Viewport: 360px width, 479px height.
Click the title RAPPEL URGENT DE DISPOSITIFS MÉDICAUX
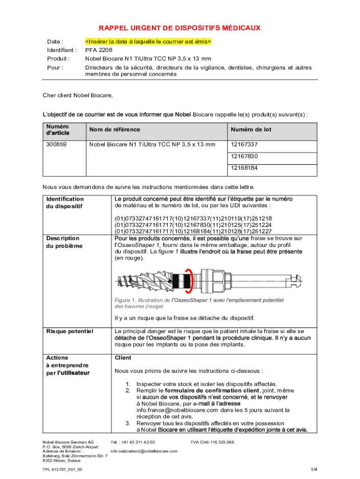pos(179,28)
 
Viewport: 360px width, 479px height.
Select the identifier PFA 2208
pos(99,50)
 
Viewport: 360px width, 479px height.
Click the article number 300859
pos(56,145)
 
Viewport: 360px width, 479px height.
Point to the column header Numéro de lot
pos(250,130)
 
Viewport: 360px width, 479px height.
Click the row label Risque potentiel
pos(70,332)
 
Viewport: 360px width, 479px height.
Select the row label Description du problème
pos(64,242)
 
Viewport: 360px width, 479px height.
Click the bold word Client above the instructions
pos(123,358)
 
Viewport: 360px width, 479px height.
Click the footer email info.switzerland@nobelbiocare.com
pos(144,451)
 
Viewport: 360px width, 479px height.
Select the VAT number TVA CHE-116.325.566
pos(212,442)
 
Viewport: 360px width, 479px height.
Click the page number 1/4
pos(314,469)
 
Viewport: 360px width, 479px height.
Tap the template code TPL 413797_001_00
pos(63,469)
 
